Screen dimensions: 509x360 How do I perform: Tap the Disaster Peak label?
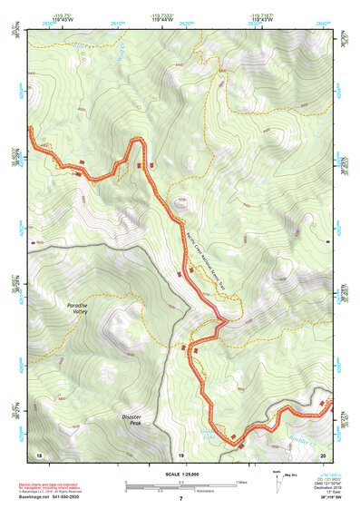(x=131, y=420)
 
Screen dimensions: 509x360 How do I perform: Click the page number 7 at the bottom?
(x=180, y=499)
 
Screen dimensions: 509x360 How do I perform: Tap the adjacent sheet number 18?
(x=39, y=454)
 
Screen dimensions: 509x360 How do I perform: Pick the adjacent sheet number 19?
(x=180, y=454)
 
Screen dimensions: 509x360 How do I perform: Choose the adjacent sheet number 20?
(x=323, y=454)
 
